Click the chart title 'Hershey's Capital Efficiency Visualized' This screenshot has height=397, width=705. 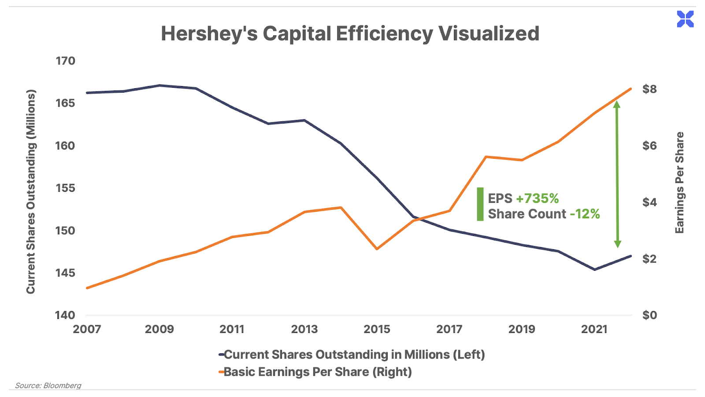(x=350, y=34)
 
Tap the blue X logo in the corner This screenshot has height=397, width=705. (x=685, y=19)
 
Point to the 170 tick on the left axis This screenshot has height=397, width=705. (x=65, y=61)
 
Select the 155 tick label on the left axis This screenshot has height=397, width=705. (x=65, y=188)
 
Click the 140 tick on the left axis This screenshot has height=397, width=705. (x=65, y=315)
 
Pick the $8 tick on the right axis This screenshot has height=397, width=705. (x=649, y=89)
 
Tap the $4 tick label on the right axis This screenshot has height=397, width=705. (x=649, y=202)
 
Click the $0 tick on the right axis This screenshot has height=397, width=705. (x=649, y=315)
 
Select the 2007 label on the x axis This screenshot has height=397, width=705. (x=87, y=329)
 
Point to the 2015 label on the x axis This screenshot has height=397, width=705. (x=377, y=329)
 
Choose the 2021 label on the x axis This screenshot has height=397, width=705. (x=594, y=329)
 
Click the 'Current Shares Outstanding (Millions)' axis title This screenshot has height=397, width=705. (x=30, y=192)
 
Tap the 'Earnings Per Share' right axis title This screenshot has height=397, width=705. (x=679, y=183)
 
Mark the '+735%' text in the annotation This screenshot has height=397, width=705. (x=537, y=198)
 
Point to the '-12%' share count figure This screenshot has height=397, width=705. (x=584, y=214)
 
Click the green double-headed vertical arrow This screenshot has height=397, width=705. (x=617, y=174)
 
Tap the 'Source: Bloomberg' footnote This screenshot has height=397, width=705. (x=48, y=386)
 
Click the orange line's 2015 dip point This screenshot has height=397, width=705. (x=377, y=249)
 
